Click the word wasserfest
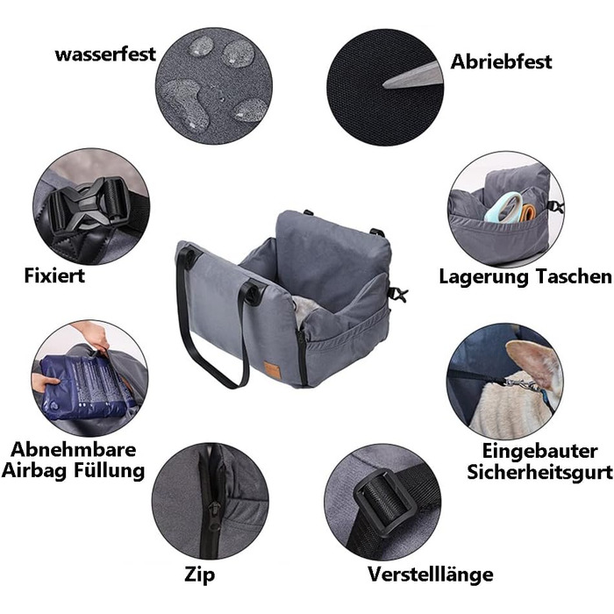[x=105, y=54]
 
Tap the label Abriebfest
[x=501, y=61]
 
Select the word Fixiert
[x=54, y=275]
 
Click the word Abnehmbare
[x=73, y=449]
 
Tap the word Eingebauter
[x=539, y=451]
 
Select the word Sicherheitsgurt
[x=539, y=472]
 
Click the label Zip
[x=200, y=575]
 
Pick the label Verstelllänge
[x=431, y=575]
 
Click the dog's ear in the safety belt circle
[x=532, y=364]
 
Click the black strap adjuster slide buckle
[x=383, y=503]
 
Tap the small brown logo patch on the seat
[x=270, y=368]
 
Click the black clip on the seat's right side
[x=397, y=295]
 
